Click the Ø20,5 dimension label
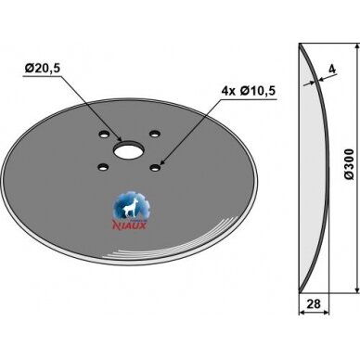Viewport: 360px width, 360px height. (x=43, y=68)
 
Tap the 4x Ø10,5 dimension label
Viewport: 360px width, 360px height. (x=248, y=91)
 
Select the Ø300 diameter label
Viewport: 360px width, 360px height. (x=349, y=164)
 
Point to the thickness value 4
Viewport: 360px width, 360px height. (x=332, y=69)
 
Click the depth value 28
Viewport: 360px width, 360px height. (x=314, y=304)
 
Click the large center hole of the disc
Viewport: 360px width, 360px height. (x=128, y=150)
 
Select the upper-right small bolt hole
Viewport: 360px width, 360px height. (x=154, y=134)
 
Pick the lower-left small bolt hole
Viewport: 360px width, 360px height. (x=103, y=168)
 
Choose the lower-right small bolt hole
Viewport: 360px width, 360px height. (x=154, y=167)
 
